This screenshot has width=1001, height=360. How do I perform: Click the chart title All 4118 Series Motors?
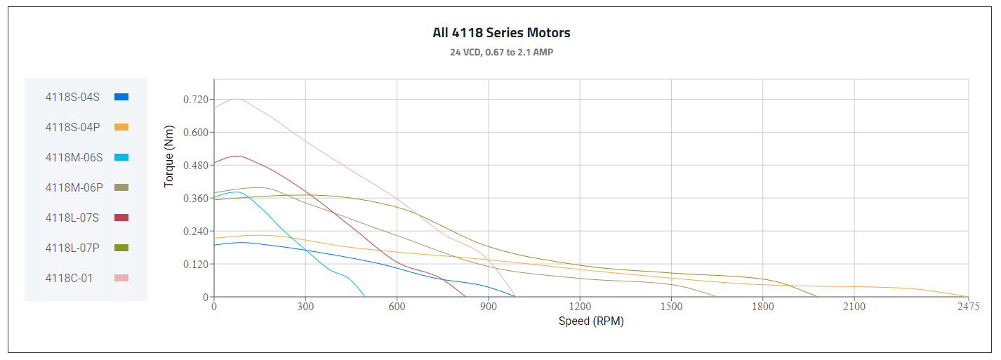(501, 33)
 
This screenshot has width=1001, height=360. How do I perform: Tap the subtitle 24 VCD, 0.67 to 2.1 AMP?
(501, 53)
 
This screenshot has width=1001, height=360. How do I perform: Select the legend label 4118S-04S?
(72, 97)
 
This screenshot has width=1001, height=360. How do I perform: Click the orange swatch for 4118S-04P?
(121, 127)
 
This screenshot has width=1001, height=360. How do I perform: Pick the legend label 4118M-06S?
(74, 157)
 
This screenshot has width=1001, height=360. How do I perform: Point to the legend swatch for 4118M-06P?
(121, 187)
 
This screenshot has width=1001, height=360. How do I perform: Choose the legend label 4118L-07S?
(72, 218)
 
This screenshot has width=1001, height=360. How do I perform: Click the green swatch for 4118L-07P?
(121, 248)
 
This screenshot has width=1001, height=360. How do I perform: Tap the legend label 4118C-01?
(69, 278)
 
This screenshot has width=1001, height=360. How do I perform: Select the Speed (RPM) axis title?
(591, 321)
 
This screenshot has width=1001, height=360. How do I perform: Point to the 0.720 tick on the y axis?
(196, 99)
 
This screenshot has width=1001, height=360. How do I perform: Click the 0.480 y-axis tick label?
(196, 165)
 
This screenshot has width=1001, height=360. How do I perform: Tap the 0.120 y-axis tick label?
(196, 264)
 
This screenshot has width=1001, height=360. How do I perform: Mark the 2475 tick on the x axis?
(967, 307)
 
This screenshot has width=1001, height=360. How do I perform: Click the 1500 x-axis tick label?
(671, 307)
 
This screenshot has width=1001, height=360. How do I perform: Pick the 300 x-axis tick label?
(305, 307)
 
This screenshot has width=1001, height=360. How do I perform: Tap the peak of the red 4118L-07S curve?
(237, 156)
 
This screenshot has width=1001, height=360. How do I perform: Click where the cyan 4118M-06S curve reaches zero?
(365, 297)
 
